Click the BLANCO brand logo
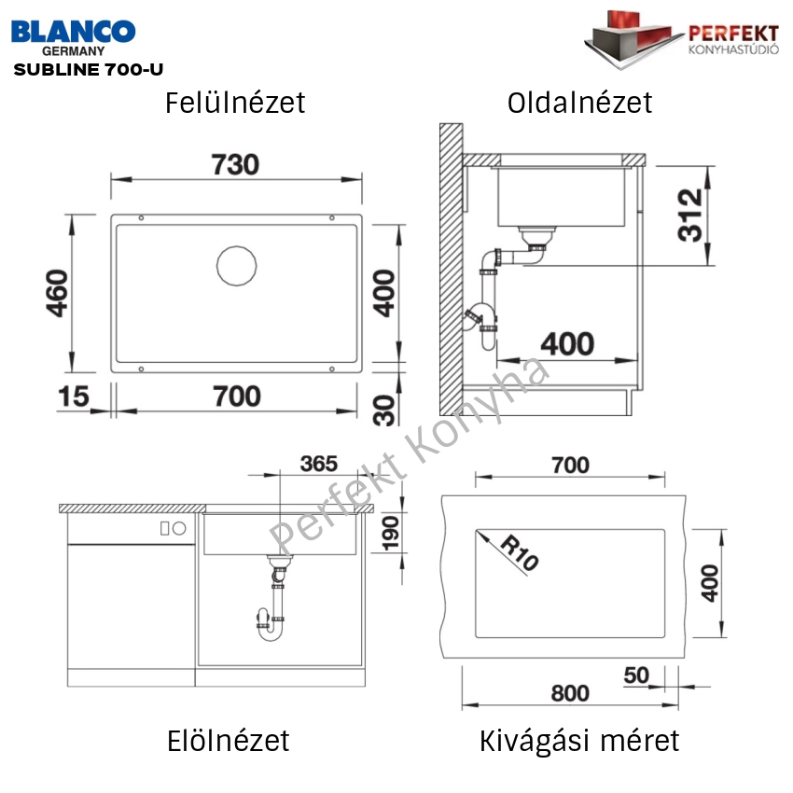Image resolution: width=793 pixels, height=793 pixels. click(74, 32)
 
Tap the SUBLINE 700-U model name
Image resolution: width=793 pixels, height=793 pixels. click(89, 69)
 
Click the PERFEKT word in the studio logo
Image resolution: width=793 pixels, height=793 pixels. click(733, 34)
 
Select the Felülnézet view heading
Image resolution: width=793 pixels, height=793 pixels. click(235, 103)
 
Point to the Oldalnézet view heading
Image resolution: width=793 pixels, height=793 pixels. click(579, 103)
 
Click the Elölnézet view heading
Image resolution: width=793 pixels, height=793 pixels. click(228, 741)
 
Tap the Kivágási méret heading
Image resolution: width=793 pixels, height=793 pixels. click(579, 742)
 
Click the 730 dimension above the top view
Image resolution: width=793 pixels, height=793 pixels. click(235, 164)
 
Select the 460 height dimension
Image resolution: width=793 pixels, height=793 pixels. click(57, 293)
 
